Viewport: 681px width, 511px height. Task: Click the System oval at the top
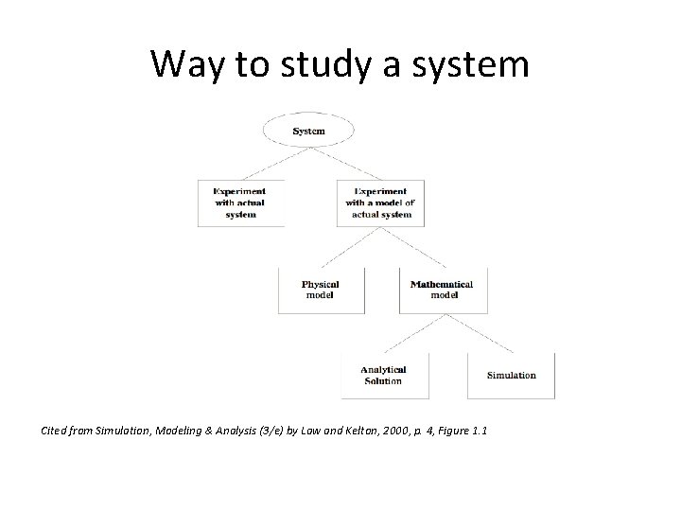[x=308, y=131]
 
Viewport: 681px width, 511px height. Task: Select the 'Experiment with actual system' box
[x=241, y=203]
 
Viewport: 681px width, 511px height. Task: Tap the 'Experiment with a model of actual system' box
[x=380, y=203]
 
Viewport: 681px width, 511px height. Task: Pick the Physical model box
[x=320, y=290]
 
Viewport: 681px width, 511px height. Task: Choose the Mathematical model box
[x=443, y=290]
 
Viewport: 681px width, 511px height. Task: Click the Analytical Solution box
[x=384, y=375]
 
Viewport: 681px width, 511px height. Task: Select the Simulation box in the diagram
[x=511, y=375]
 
